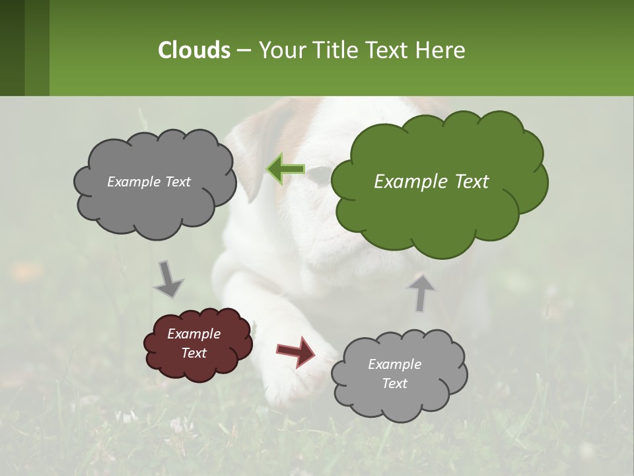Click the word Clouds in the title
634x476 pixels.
click(194, 50)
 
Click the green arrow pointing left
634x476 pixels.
click(285, 169)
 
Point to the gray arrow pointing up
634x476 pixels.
click(421, 292)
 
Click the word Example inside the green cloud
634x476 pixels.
click(404, 182)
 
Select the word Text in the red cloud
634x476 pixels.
click(194, 353)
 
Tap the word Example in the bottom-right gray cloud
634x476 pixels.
click(394, 364)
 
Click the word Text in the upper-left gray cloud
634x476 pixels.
click(177, 182)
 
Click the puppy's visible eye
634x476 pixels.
click(320, 175)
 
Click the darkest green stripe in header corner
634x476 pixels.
click(12, 48)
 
